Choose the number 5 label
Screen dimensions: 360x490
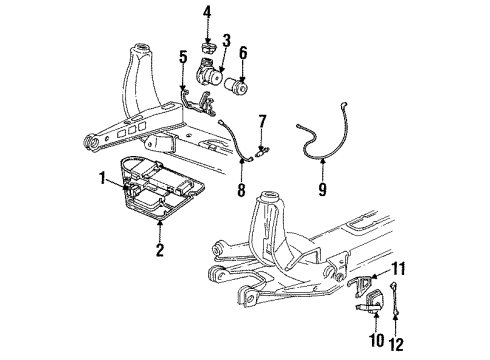pos(182,58)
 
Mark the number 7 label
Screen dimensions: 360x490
pos(262,121)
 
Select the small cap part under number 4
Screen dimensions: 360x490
pos(208,48)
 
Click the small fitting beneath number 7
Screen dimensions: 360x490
pos(262,152)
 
